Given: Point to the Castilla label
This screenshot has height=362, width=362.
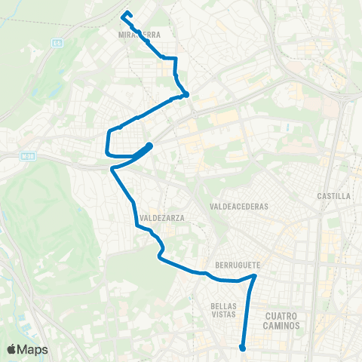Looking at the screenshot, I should click(x=335, y=196).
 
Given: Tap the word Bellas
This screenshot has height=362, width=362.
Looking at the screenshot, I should click(x=225, y=306).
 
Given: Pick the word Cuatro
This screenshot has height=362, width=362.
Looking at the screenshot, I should click(x=284, y=316).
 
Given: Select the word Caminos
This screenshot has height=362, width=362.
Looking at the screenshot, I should click(x=284, y=326).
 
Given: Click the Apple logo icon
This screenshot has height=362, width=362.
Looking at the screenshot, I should click(x=12, y=349).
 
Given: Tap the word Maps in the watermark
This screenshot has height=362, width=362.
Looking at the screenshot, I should click(x=33, y=349).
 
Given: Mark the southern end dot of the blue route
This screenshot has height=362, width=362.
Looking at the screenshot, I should click(x=242, y=348).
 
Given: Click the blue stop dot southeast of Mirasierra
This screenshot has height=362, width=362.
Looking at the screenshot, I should click(x=185, y=95).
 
